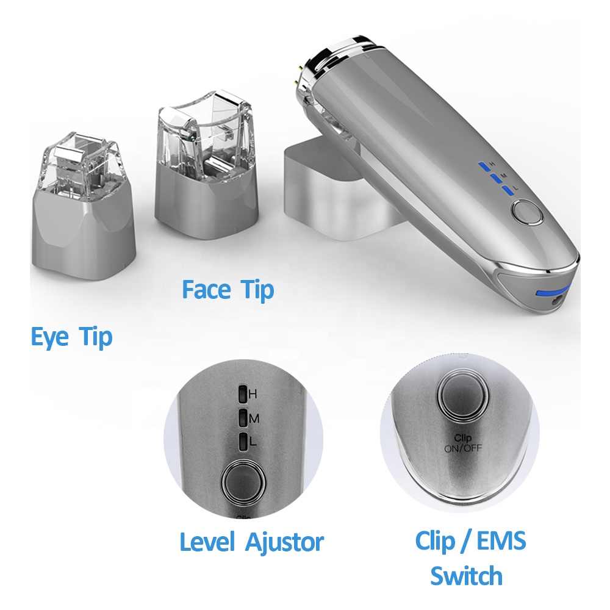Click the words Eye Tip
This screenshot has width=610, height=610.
point(71,337)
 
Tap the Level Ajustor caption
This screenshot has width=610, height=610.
point(251,542)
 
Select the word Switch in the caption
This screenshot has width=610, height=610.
point(466,575)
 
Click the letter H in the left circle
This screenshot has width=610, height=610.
point(253,394)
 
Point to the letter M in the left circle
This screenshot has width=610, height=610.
point(254,418)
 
